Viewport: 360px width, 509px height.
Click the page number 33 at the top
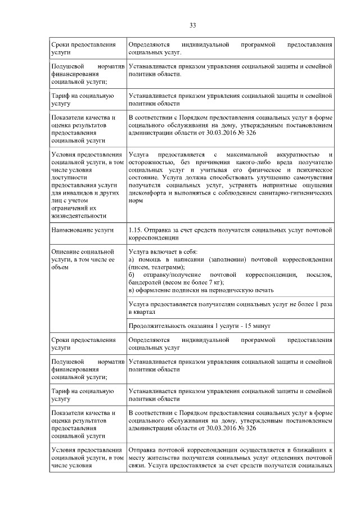click(x=192, y=25)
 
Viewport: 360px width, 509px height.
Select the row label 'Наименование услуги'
click(x=82, y=231)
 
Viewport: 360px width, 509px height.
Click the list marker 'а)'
click(x=132, y=260)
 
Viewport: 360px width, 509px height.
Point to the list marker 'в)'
click(x=132, y=290)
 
